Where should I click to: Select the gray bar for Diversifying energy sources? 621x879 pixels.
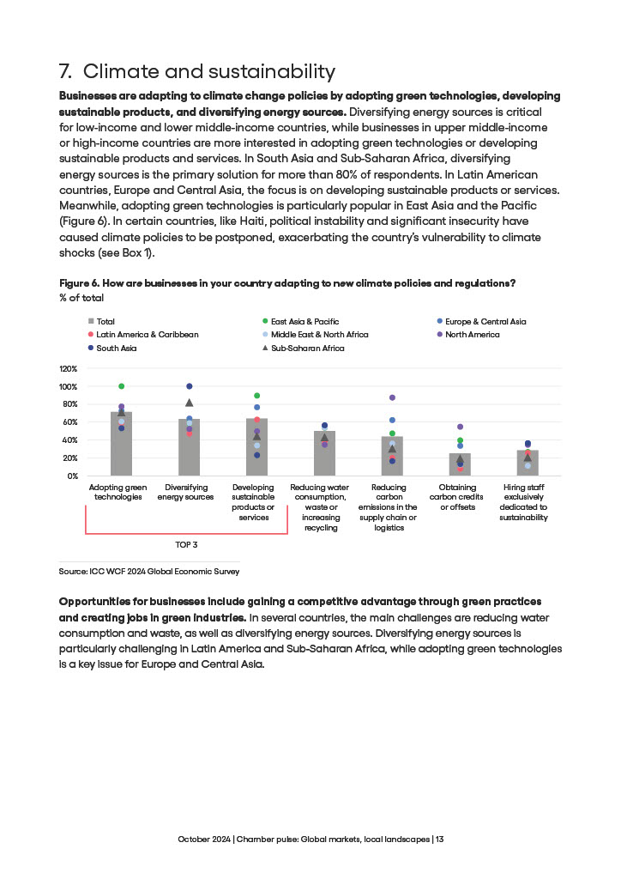(189, 447)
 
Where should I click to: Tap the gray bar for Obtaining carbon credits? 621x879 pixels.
(460, 464)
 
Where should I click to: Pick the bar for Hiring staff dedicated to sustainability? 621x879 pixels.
(528, 463)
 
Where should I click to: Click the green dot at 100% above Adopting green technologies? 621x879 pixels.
(121, 386)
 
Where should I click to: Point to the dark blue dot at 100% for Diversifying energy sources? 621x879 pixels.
(189, 386)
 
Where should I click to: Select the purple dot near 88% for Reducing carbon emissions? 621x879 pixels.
(392, 397)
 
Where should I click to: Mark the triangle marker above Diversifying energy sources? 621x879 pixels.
(189, 403)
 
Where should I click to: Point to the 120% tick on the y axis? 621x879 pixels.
(69, 368)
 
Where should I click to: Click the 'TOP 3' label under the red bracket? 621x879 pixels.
(186, 545)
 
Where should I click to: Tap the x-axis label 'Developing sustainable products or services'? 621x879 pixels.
(254, 502)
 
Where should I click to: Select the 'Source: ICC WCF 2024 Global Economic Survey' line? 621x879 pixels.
(148, 570)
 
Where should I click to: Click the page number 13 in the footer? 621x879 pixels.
(439, 839)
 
